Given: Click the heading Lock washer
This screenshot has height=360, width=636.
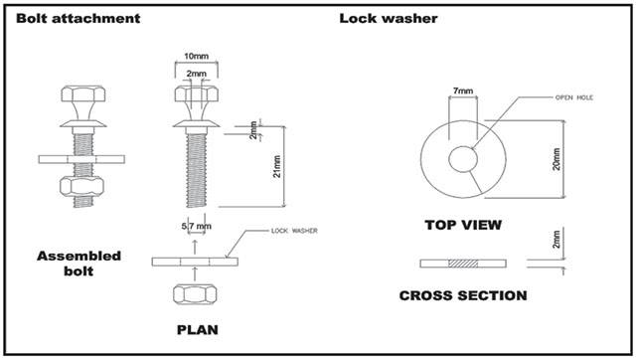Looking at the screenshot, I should (x=388, y=18).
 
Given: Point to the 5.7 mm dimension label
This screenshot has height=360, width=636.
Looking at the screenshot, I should (x=194, y=225).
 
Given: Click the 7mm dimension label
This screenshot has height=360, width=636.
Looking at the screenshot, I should (x=464, y=91).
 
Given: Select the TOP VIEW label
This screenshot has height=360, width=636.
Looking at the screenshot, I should (x=463, y=225).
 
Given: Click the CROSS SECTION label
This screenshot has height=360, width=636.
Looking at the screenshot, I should (x=463, y=295).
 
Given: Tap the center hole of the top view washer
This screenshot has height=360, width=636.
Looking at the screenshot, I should (x=463, y=159).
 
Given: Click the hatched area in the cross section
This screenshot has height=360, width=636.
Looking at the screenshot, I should (x=464, y=264).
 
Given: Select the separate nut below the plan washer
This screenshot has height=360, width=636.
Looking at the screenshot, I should (x=195, y=294).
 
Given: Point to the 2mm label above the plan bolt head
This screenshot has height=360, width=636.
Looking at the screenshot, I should (x=195, y=74).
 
